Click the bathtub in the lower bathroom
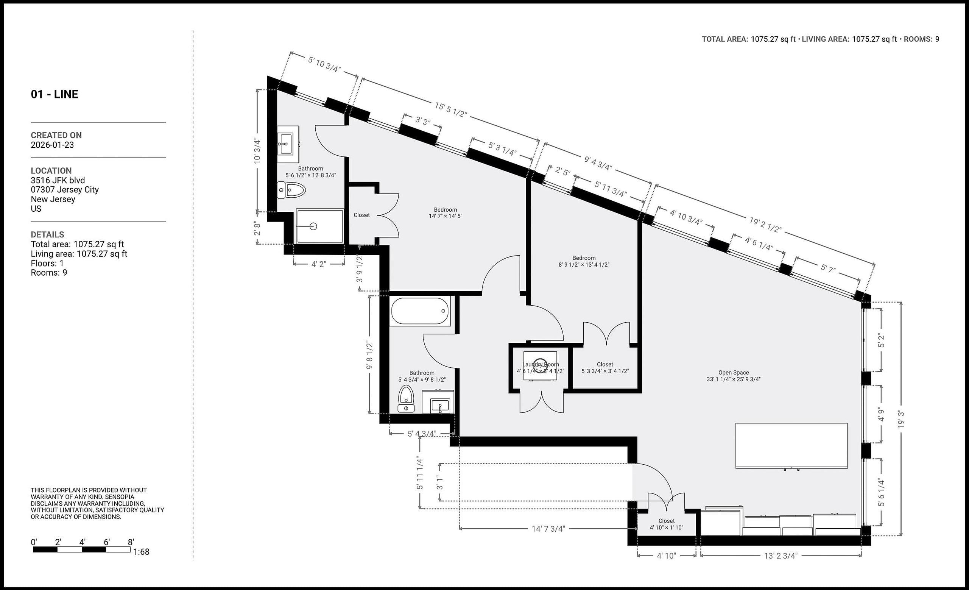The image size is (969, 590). coord(420,311)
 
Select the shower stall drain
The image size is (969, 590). coord(313,226)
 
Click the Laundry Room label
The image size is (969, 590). coord(541,365)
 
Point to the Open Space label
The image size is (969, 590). coord(734,373)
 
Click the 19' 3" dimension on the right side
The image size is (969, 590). coord(900,419)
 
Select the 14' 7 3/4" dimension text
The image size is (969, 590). coord(548,529)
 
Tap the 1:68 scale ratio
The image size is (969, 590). coord(141,552)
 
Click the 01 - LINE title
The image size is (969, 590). coord(55,94)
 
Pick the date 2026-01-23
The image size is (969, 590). coord(52,145)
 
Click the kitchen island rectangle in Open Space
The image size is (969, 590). coord(791,445)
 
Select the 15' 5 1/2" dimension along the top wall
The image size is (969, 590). coord(451,110)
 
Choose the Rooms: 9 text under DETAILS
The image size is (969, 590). coord(49,273)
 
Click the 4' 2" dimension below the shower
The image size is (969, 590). coord(319,264)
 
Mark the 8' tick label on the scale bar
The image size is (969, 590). coord(131,542)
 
